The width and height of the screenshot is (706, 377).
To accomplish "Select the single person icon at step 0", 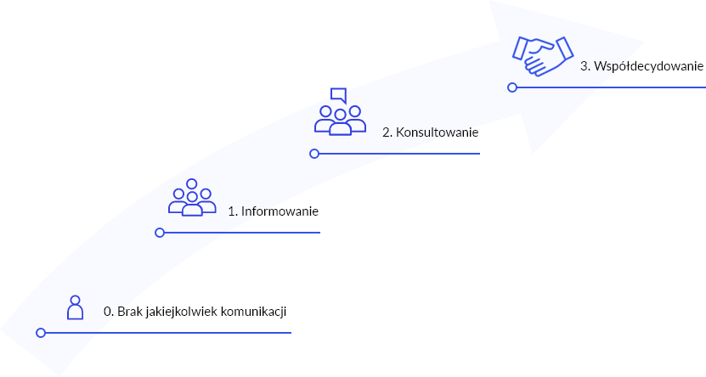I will click(x=76, y=307).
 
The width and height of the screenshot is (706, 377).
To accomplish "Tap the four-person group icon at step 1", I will click(x=192, y=199).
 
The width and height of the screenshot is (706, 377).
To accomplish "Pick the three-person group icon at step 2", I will click(x=340, y=120).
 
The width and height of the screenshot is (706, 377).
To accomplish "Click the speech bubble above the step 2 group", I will click(x=338, y=94).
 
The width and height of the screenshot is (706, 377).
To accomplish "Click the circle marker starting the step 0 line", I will click(x=41, y=333).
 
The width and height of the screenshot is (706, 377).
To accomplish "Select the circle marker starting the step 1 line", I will click(x=160, y=232).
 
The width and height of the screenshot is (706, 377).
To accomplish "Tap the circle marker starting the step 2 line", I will click(x=314, y=154).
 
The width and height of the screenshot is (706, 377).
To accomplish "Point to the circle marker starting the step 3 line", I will click(x=512, y=87).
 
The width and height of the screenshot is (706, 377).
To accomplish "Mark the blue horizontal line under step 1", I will click(x=242, y=232).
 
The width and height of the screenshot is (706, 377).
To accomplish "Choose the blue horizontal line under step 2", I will click(x=399, y=154).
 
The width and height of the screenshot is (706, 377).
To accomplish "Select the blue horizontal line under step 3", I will click(x=612, y=87).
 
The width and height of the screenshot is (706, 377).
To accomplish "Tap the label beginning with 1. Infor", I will click(x=249, y=211).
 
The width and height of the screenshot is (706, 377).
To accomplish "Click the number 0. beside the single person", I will click(x=108, y=312).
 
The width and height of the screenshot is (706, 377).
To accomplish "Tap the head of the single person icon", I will click(x=76, y=301).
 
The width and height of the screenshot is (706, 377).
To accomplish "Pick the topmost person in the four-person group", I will click(x=192, y=184).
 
